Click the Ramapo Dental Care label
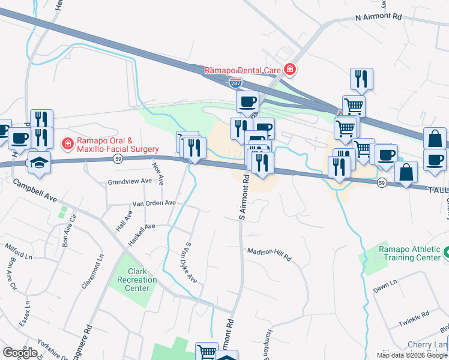pos(243,70)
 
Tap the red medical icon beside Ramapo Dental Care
pos(290,70)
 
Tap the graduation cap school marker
pos(40,163)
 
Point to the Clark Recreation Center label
pos(133,280)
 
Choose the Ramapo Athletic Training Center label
pos(409,253)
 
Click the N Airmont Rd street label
pos(378,18)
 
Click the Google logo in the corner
pos(19,353)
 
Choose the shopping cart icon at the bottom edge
pos(206,352)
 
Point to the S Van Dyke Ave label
pos(190,263)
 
